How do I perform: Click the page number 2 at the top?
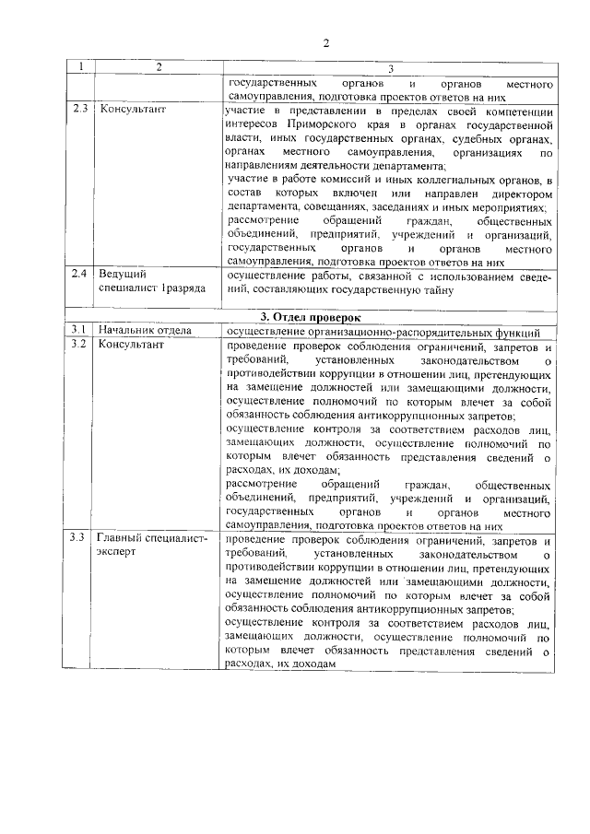pyautogui.click(x=325, y=42)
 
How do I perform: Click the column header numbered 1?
pyautogui.click(x=81, y=66)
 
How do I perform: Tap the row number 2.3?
pyautogui.click(x=81, y=109)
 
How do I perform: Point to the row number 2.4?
pyautogui.click(x=81, y=274)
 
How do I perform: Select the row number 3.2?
pyautogui.click(x=81, y=346)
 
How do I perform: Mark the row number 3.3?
pyautogui.click(x=81, y=538)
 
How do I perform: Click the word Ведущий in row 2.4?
pyautogui.click(x=121, y=274)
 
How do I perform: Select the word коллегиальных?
pyautogui.click(x=431, y=179)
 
